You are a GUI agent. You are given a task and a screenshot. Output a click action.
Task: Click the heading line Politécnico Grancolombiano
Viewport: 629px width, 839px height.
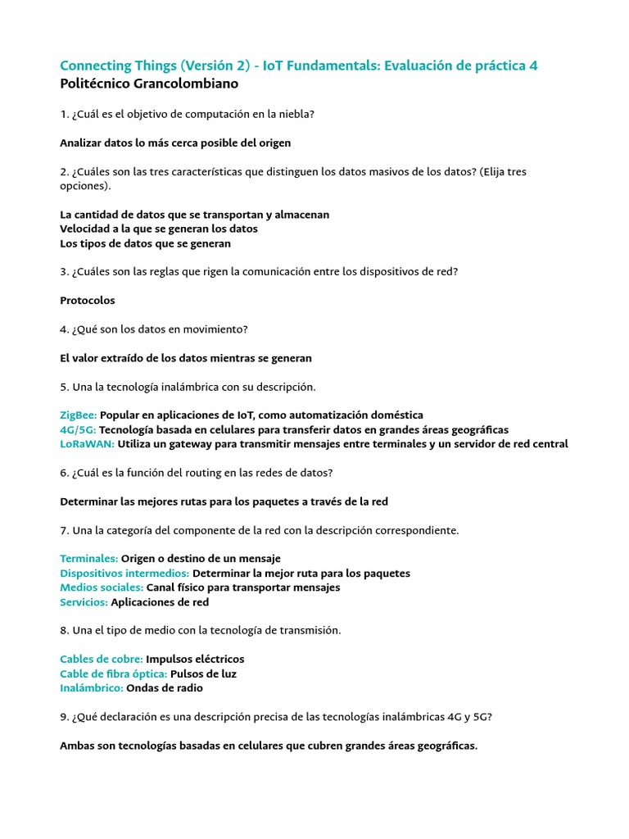tap(149, 84)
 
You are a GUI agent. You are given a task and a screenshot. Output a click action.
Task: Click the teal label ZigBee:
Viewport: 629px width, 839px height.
tap(79, 415)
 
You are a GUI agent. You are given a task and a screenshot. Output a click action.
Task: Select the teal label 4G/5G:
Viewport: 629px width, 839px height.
tap(78, 430)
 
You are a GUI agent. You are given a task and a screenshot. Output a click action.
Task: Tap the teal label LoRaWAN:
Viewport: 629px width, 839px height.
tap(87, 444)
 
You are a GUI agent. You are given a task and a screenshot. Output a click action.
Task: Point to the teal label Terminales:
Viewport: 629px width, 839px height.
tap(88, 559)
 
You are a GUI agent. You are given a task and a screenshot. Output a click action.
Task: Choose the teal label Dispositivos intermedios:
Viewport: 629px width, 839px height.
tap(124, 574)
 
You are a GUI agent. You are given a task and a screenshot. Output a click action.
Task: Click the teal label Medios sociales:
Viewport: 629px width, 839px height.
tap(102, 587)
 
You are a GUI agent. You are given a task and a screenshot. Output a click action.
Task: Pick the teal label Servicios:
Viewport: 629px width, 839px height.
tap(84, 602)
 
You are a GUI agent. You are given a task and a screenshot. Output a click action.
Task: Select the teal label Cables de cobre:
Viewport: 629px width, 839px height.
tap(102, 660)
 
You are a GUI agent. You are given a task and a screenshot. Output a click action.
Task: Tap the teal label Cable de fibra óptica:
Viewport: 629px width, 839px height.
tap(113, 674)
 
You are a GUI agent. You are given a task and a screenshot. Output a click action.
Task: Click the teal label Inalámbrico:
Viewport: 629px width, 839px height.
tap(92, 688)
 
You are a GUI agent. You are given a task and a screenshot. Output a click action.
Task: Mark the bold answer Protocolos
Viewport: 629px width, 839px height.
tap(88, 301)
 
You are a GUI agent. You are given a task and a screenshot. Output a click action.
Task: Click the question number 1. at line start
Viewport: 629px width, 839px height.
tap(64, 115)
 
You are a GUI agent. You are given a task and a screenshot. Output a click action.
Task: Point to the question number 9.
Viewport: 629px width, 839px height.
tap(64, 717)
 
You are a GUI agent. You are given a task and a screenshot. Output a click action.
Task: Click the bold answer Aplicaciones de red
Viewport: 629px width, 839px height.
tap(160, 602)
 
